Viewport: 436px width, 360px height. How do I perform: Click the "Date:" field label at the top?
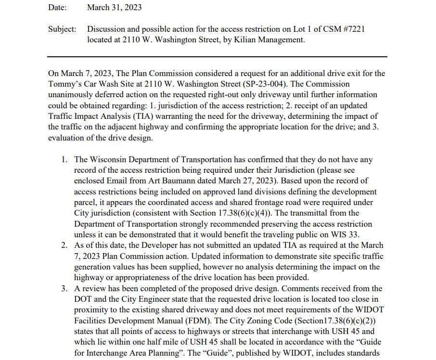[57, 8]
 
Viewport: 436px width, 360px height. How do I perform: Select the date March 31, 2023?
[115, 8]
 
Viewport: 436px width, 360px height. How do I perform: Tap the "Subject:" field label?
[62, 29]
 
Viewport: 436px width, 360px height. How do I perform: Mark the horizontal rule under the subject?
[217, 57]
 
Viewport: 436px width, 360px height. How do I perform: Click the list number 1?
[64, 160]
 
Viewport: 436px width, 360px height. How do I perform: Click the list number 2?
[64, 245]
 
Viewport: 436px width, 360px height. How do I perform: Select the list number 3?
[64, 289]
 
